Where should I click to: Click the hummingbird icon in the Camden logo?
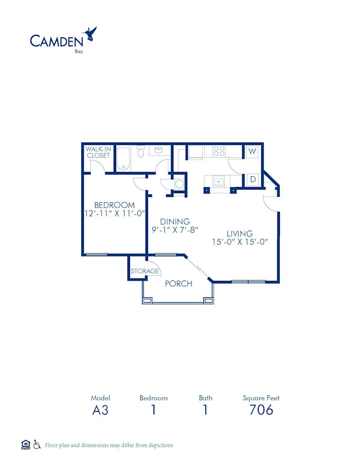point(91,34)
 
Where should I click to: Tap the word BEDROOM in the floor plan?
point(114,205)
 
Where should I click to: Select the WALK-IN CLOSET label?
point(98,152)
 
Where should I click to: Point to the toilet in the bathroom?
point(141,152)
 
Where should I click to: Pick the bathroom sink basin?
point(159,150)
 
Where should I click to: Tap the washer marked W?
point(252,152)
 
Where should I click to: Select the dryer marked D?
point(253,179)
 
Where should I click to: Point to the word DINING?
point(175,221)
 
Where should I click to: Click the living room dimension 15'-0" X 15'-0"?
point(239,242)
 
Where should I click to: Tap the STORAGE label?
point(145,271)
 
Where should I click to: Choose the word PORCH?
point(179,283)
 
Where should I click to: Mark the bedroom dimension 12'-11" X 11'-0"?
point(114,214)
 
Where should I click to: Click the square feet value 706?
point(261,410)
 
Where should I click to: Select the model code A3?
point(100,410)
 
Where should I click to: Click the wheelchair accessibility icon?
point(37,445)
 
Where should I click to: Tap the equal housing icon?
point(25,445)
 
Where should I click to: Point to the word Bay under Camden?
point(78,52)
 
